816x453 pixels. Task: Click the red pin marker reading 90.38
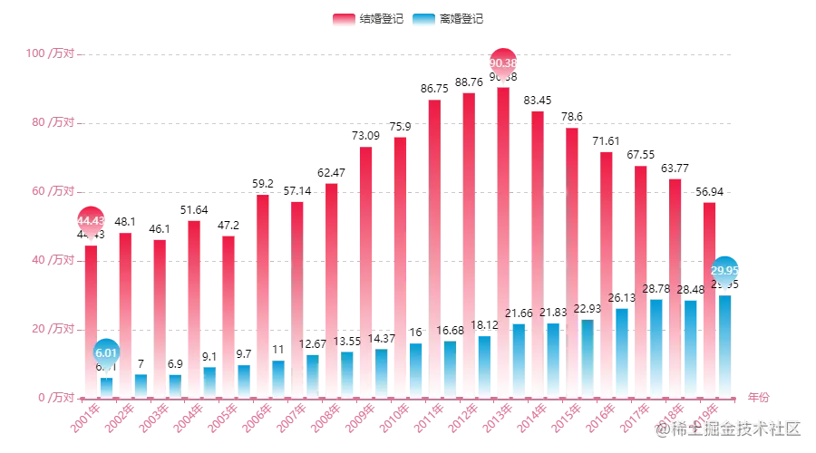click(x=503, y=63)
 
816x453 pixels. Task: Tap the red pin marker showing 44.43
click(x=90, y=220)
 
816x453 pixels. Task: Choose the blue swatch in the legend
click(x=422, y=19)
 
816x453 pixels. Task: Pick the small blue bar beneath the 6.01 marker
click(x=107, y=387)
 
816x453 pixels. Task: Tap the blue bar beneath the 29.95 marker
click(x=725, y=344)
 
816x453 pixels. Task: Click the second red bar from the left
click(x=124, y=313)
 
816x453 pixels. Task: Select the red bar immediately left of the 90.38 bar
click(x=469, y=244)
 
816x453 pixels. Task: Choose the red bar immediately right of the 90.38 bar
click(x=537, y=253)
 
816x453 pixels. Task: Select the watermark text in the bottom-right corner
click(x=731, y=428)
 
